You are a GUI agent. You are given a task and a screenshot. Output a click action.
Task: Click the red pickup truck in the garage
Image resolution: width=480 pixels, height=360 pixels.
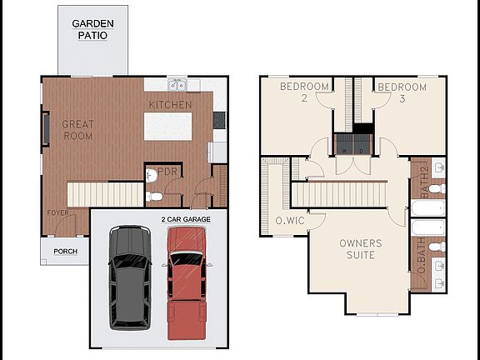[187, 282]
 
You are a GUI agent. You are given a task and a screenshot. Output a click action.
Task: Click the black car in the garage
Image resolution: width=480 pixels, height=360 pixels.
[130, 277]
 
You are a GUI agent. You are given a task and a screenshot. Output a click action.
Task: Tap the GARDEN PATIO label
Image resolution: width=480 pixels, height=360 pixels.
[92, 30]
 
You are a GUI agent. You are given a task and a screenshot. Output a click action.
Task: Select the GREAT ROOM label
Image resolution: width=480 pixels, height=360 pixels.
[77, 130]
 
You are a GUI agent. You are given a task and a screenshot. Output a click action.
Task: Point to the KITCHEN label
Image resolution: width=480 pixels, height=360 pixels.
[170, 105]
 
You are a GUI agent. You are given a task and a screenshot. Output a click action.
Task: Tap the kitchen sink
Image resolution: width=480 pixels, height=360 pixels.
[177, 85]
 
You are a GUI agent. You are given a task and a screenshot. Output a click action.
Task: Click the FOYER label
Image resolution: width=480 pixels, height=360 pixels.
[57, 212]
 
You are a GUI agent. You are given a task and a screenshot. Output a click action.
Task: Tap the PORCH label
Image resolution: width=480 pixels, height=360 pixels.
[65, 251]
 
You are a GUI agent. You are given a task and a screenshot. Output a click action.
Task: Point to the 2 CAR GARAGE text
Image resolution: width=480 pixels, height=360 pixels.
[186, 218]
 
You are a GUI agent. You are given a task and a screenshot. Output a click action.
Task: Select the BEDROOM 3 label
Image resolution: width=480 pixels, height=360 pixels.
[401, 92]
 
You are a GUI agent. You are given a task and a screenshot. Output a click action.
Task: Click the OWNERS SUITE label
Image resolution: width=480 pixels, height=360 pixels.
[360, 249]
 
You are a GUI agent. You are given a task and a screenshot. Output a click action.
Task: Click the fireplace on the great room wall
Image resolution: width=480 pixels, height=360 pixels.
[46, 130]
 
